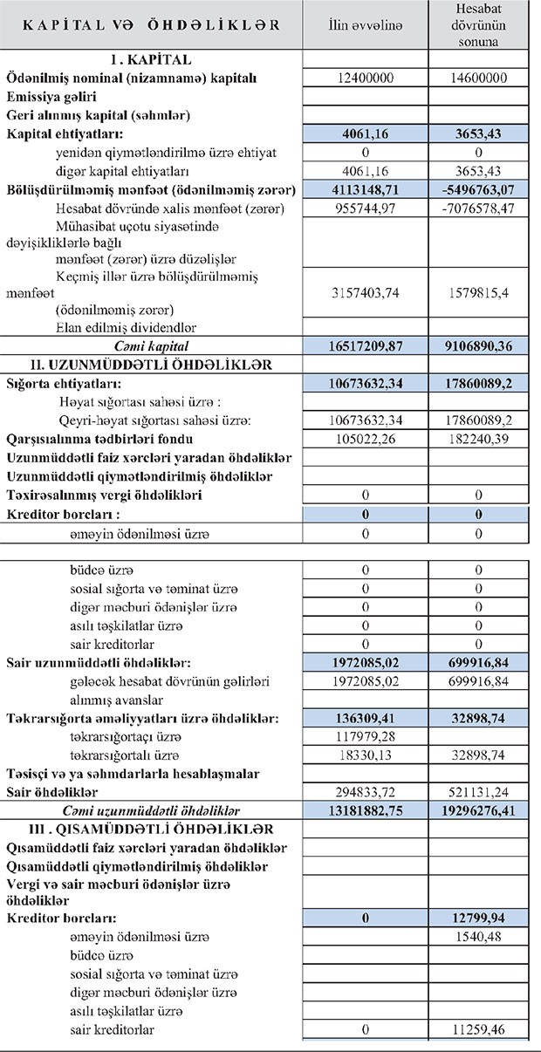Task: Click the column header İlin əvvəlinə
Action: click(x=366, y=25)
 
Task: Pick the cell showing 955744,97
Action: click(x=366, y=208)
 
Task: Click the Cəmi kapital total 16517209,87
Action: click(x=366, y=345)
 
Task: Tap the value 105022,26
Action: click(x=366, y=439)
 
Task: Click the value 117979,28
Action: click(x=366, y=737)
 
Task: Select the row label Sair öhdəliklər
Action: click(x=51, y=792)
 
